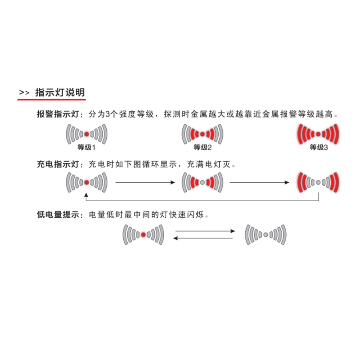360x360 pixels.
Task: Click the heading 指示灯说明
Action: click(x=60, y=93)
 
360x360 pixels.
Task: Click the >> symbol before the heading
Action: click(x=24, y=93)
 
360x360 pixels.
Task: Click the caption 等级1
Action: click(x=86, y=147)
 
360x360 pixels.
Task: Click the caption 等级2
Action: click(x=202, y=147)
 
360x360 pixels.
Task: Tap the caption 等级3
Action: click(x=319, y=147)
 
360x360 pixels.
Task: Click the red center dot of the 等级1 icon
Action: click(x=86, y=134)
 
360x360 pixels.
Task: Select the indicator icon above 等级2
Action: click(x=202, y=134)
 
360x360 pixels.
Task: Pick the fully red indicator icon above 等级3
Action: click(x=318, y=134)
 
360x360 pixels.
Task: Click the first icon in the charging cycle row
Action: click(x=86, y=183)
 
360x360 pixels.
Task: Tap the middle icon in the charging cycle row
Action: click(x=202, y=183)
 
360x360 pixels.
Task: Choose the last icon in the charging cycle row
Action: click(x=318, y=183)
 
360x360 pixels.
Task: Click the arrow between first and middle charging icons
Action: click(x=145, y=183)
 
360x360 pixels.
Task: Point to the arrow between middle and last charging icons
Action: click(x=260, y=183)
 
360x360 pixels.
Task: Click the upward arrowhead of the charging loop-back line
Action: click(x=86, y=195)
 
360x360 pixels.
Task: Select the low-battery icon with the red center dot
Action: click(x=143, y=234)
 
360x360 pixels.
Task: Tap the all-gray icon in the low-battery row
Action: click(x=265, y=234)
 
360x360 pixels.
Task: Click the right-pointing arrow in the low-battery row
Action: click(x=205, y=231)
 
